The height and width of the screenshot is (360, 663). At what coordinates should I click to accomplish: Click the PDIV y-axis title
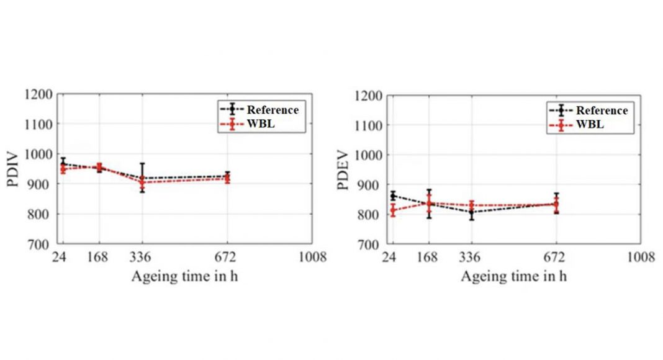pyautogui.click(x=18, y=169)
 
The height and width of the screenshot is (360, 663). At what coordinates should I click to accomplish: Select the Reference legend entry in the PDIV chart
pyautogui.click(x=273, y=110)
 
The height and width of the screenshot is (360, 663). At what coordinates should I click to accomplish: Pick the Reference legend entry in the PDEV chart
pyautogui.click(x=602, y=110)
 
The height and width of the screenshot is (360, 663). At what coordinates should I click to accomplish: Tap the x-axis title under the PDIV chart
pyautogui.click(x=184, y=276)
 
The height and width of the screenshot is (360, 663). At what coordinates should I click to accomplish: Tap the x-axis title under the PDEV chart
pyautogui.click(x=513, y=276)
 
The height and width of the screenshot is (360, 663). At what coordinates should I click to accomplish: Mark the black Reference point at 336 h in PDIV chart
pyautogui.click(x=142, y=178)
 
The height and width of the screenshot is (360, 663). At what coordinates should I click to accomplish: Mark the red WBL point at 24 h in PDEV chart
pyautogui.click(x=392, y=210)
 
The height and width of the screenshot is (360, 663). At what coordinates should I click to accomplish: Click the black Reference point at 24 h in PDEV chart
pyautogui.click(x=392, y=196)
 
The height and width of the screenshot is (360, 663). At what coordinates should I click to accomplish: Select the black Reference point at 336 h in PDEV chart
pyautogui.click(x=472, y=212)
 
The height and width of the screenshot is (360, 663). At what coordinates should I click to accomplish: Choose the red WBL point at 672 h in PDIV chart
pyautogui.click(x=227, y=179)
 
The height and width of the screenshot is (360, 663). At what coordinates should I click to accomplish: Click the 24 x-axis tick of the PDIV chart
pyautogui.click(x=61, y=258)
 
